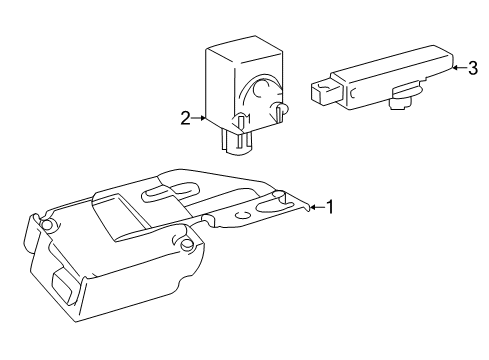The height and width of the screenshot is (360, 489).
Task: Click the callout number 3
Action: point(471,68)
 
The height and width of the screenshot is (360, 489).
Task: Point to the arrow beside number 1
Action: point(314,207)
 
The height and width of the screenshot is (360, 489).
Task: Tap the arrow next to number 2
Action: point(200,118)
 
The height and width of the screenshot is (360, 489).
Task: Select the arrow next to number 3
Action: point(455,68)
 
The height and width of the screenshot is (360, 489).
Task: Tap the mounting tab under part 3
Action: point(403,98)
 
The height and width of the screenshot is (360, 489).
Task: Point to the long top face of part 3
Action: point(390,59)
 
